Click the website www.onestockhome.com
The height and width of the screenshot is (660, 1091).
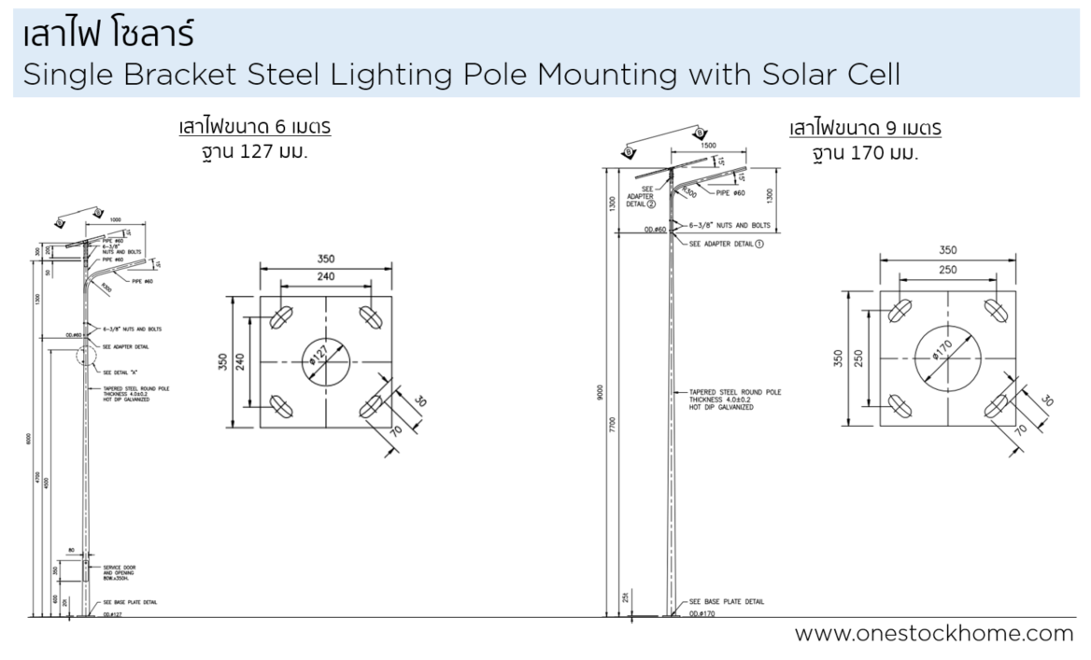(x=933, y=634)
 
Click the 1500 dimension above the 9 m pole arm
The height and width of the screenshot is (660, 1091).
(x=706, y=147)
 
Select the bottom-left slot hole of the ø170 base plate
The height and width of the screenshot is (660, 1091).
(x=899, y=404)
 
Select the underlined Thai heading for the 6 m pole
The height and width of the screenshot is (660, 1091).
(x=254, y=128)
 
